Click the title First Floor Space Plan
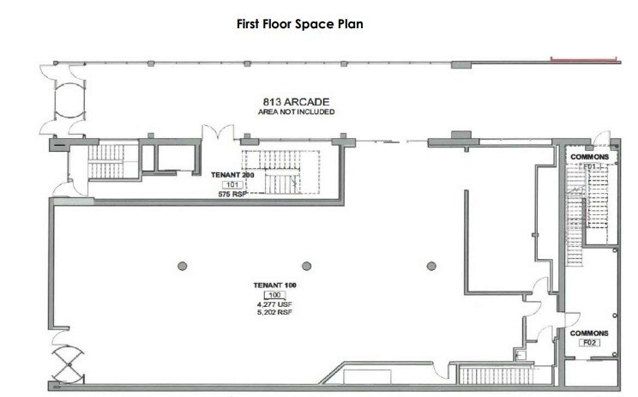pos(300,24)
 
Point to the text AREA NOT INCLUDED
pos(297,112)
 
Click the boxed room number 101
pos(232,184)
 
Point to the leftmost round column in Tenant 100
pos(182,266)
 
